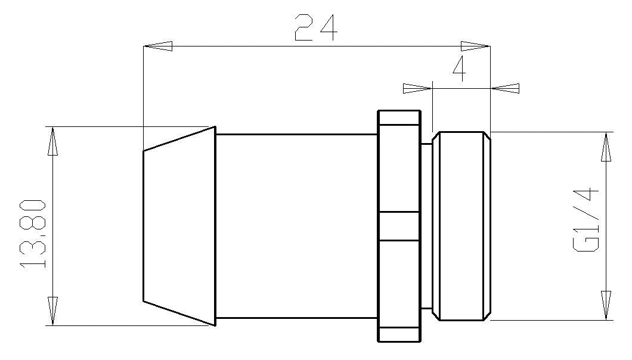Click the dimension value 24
click(316, 27)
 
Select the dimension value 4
click(459, 70)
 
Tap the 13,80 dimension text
click(33, 234)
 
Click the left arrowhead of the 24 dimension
click(158, 46)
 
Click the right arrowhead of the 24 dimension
click(475, 46)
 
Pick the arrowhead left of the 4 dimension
click(417, 88)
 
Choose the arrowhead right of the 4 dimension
click(505, 88)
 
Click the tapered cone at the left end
click(179, 226)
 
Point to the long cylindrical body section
click(296, 226)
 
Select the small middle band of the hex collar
click(399, 226)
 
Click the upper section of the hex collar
click(399, 167)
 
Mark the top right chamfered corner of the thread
click(487, 136)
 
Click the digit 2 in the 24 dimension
click(304, 27)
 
